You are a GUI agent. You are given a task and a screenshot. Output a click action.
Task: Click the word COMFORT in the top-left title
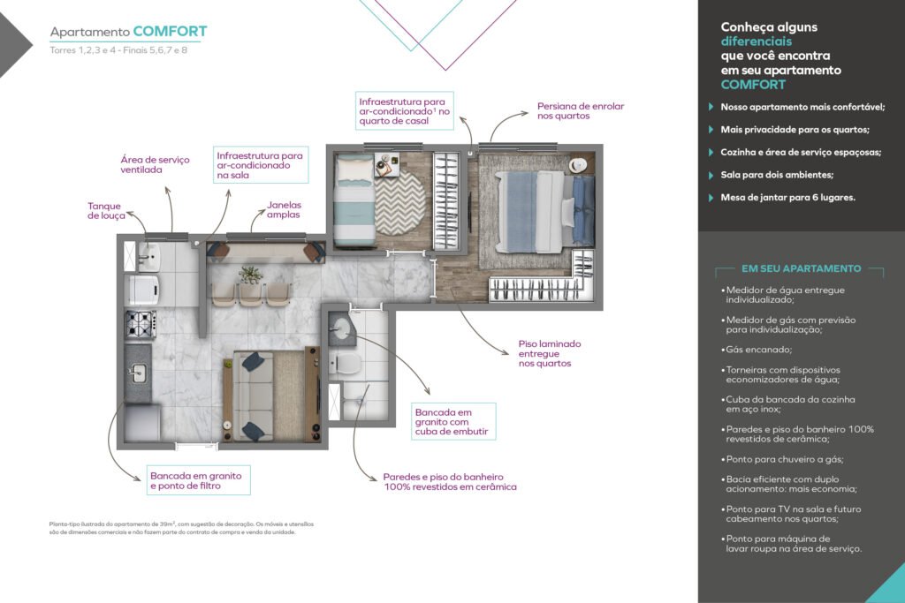tap(170, 31)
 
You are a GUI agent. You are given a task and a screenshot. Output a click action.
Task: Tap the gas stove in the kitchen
tap(141, 324)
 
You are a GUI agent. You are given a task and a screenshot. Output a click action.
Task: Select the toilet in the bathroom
tap(345, 364)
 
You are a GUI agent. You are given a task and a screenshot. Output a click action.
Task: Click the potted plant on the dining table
tap(250, 275)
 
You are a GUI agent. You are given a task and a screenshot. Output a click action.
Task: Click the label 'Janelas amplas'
tap(284, 209)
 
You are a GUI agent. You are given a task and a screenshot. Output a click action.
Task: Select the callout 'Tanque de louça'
tap(106, 210)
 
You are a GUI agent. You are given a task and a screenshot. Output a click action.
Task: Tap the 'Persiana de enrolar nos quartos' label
tap(581, 110)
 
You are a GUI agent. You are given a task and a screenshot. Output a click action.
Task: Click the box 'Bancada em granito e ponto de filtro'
tap(198, 480)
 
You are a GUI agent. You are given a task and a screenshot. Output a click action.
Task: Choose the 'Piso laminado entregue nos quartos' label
tap(550, 353)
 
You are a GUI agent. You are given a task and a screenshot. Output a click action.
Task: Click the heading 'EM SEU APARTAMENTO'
tap(801, 268)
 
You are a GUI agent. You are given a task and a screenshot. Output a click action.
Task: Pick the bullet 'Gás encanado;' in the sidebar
tap(757, 350)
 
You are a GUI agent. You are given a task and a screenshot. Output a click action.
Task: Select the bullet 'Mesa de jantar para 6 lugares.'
tap(787, 197)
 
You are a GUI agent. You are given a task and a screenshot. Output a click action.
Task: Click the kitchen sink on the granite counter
tap(138, 373)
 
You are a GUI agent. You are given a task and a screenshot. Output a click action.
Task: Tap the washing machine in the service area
tap(142, 290)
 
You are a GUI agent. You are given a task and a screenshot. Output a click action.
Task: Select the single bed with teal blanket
tap(355, 199)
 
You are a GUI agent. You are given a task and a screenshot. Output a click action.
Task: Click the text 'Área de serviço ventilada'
tap(155, 164)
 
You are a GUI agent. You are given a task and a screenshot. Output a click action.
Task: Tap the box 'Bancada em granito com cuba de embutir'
tap(453, 421)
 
